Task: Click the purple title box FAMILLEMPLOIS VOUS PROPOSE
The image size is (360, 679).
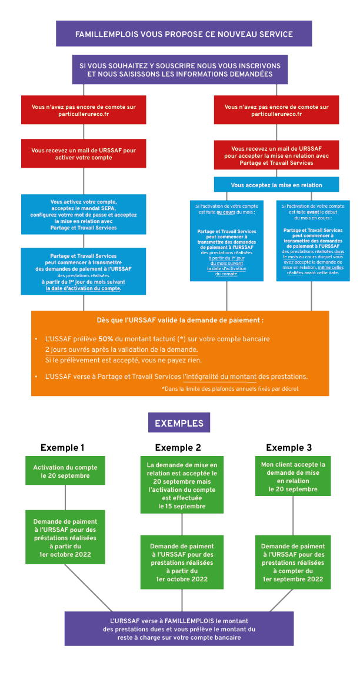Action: [184, 34]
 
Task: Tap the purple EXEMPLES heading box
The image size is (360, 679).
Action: [179, 422]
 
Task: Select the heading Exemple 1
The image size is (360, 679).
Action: [62, 447]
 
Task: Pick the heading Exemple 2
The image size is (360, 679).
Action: [178, 447]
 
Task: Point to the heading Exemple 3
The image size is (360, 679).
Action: [289, 447]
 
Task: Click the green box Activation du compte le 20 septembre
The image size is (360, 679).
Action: [65, 471]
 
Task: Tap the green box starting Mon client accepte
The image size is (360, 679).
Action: [293, 476]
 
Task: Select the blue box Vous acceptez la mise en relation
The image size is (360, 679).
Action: [276, 185]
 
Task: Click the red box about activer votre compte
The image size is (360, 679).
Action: [84, 154]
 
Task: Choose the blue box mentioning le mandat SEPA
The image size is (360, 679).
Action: [84, 214]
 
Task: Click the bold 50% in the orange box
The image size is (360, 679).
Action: [106, 339]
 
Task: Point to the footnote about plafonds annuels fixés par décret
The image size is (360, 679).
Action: [230, 388]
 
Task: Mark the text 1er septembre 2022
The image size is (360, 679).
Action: [293, 579]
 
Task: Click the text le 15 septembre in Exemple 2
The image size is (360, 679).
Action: [182, 506]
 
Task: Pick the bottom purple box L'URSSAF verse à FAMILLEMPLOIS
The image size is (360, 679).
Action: [179, 628]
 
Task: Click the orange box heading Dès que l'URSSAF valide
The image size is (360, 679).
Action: [180, 321]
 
